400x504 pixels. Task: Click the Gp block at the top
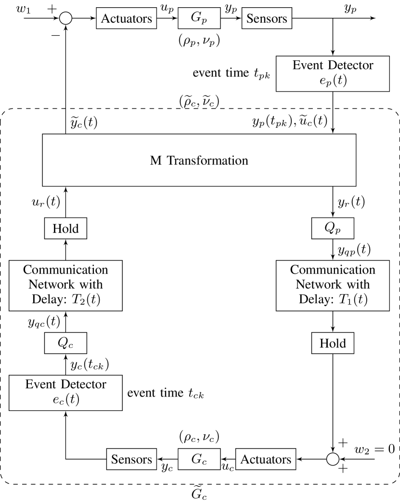point(199,19)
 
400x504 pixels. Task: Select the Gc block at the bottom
point(199,459)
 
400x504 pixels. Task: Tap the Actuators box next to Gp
point(126,19)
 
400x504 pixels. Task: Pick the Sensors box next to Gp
point(267,19)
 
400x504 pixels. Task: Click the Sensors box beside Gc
point(131,459)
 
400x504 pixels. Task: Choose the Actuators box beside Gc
point(266,459)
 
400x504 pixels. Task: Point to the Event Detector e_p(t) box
point(333,73)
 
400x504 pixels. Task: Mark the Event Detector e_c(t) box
point(65,393)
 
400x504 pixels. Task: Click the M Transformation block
point(199,160)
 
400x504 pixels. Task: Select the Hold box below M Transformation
point(65,228)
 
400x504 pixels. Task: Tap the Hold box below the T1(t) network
point(333,344)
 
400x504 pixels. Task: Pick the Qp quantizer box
point(333,228)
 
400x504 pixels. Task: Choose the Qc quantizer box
point(65,344)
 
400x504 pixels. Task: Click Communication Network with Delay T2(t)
point(65,285)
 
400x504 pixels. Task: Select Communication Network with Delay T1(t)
point(333,285)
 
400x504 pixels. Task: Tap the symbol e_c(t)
point(65,400)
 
